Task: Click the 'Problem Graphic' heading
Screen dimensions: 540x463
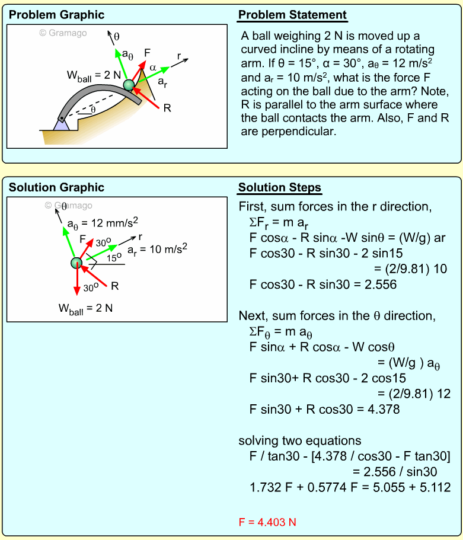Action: pos(56,15)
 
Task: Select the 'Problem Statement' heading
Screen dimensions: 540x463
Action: pos(292,15)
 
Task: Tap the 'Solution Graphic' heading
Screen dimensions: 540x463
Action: pos(56,187)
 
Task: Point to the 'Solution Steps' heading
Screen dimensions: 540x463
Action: pos(279,188)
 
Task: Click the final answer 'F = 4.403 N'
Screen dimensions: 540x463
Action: pos(267,522)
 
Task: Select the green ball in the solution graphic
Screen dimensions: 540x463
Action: pos(76,263)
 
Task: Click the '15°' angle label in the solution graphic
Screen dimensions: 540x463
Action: pos(114,257)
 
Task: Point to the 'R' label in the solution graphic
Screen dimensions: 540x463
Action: pos(115,286)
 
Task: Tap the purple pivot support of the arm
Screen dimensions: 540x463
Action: pos(61,124)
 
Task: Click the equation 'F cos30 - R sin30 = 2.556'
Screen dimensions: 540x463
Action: pos(323,285)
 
